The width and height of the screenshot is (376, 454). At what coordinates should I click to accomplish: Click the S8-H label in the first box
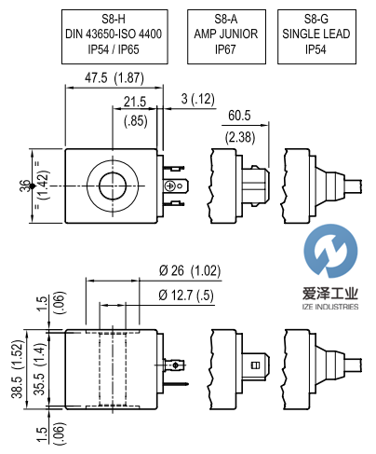[x=114, y=19]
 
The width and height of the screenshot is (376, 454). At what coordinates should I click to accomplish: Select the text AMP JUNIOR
[x=226, y=34]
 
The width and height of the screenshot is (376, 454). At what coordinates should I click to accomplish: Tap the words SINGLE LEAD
[x=316, y=34]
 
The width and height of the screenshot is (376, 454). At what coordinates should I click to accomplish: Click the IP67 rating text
[x=225, y=49]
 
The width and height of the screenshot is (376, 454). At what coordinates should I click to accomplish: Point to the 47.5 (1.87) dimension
[x=114, y=77]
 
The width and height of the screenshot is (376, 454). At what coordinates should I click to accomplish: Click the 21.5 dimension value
[x=135, y=102]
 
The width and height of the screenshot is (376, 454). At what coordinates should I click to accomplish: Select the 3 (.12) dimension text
[x=198, y=99]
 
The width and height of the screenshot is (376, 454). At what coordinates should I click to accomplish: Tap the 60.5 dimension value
[x=239, y=116]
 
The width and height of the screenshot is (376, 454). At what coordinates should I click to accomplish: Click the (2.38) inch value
[x=240, y=137]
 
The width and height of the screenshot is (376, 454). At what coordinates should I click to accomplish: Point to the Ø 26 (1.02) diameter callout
[x=190, y=270]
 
